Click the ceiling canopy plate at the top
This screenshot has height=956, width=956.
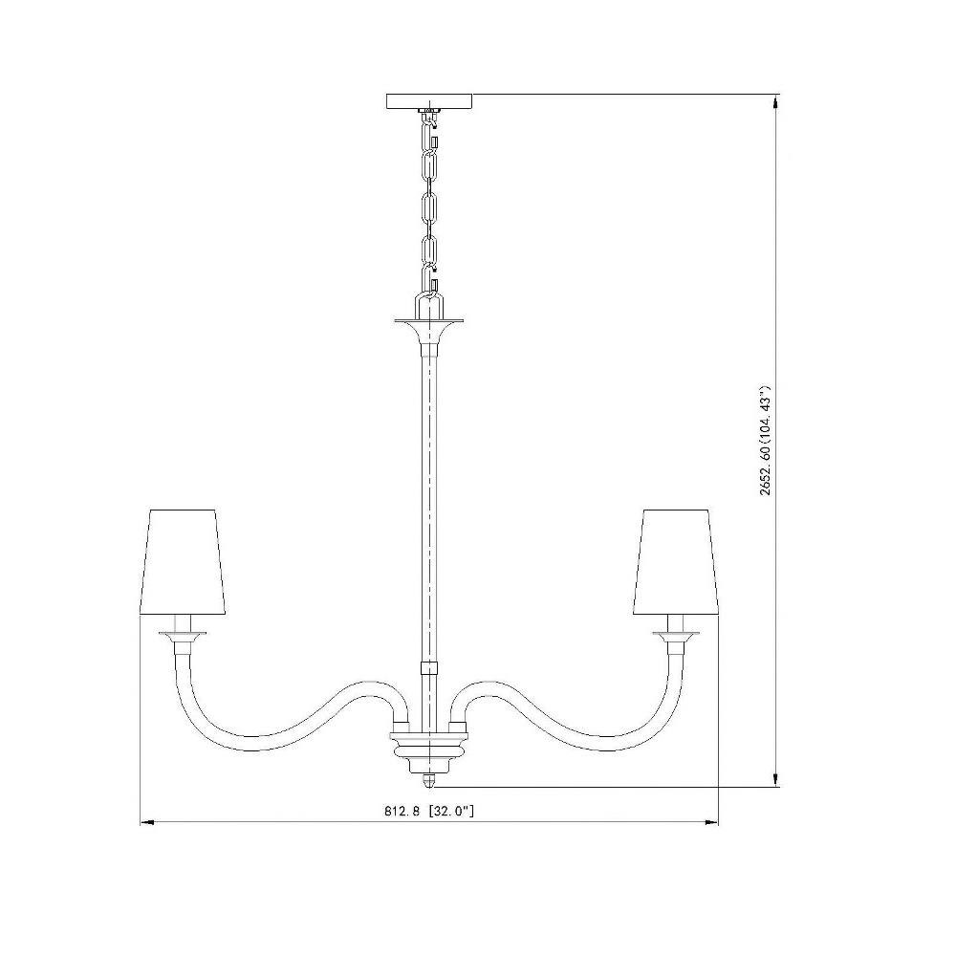(429, 101)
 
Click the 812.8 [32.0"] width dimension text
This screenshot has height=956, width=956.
(429, 811)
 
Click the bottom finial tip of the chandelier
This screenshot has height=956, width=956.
(429, 785)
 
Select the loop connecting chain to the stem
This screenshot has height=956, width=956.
(429, 303)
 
